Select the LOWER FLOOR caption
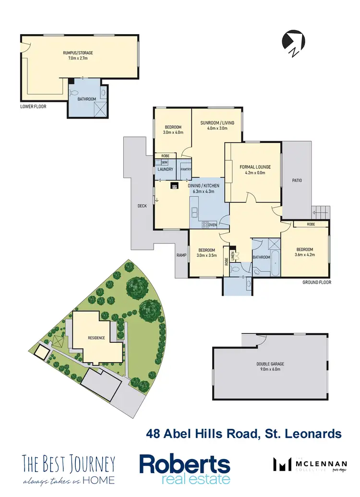34,106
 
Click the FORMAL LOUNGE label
255,167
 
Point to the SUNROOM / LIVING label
217,123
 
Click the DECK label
142,206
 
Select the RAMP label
180,255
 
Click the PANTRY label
186,170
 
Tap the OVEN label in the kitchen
213,224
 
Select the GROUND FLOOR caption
317,282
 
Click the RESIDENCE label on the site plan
96,338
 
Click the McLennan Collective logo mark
282,464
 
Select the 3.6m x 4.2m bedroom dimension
304,255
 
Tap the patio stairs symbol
321,211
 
